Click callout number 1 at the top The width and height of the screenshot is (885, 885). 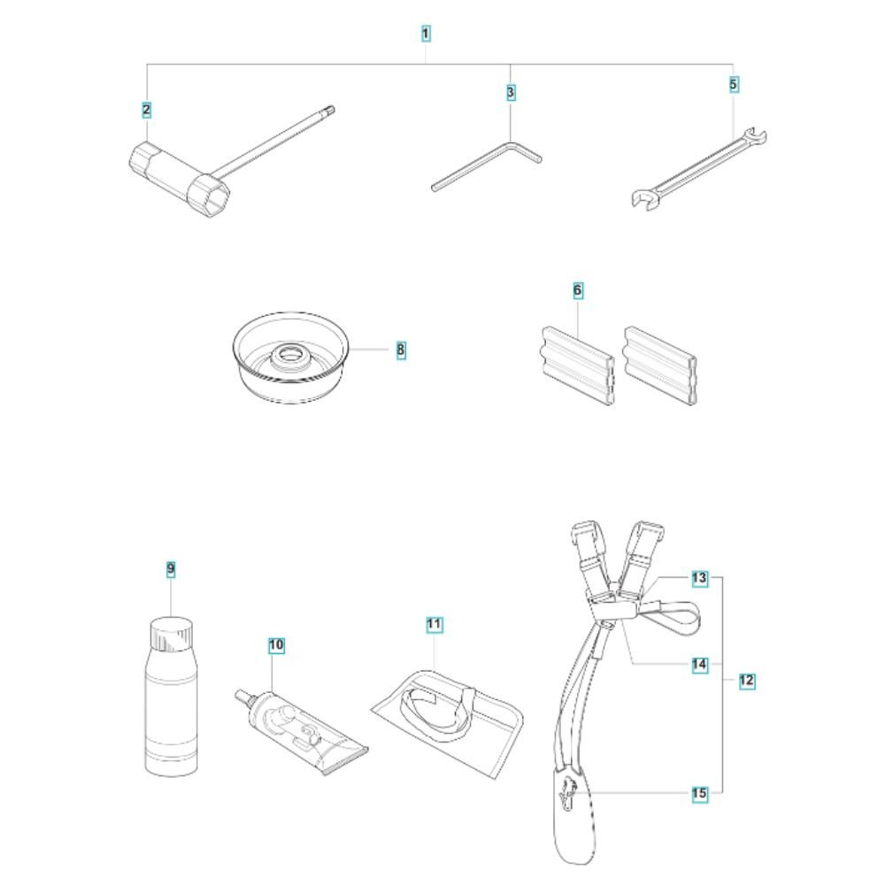click(x=426, y=34)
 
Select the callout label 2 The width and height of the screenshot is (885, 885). click(x=147, y=110)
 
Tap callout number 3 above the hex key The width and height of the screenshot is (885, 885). click(x=511, y=93)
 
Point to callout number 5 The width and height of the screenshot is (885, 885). click(x=733, y=85)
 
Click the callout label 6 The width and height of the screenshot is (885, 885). click(x=577, y=290)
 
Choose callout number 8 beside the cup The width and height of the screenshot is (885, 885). click(x=401, y=350)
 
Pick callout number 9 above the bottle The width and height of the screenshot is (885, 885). click(x=171, y=569)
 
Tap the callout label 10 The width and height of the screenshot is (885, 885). click(x=276, y=645)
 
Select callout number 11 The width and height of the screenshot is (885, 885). click(x=434, y=625)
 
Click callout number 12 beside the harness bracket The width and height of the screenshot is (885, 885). click(x=747, y=680)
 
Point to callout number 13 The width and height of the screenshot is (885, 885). click(x=699, y=578)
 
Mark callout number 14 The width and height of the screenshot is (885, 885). click(x=699, y=665)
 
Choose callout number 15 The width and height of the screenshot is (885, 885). click(x=699, y=794)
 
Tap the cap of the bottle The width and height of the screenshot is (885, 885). click(x=171, y=634)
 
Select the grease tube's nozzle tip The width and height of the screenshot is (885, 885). click(x=239, y=693)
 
